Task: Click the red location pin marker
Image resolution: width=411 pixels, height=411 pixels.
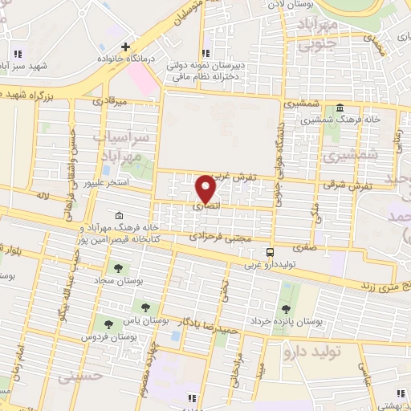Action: click(x=206, y=189)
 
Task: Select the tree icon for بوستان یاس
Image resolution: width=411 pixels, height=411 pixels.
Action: click(x=146, y=306)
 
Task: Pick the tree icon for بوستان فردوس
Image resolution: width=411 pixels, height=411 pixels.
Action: click(x=108, y=324)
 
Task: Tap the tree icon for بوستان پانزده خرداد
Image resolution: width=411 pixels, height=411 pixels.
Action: click(x=285, y=308)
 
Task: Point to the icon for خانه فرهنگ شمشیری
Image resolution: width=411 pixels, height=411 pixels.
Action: click(x=340, y=108)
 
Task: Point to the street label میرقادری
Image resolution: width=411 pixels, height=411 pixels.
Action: click(x=109, y=103)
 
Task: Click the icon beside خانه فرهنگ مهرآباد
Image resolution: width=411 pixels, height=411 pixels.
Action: click(x=120, y=215)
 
